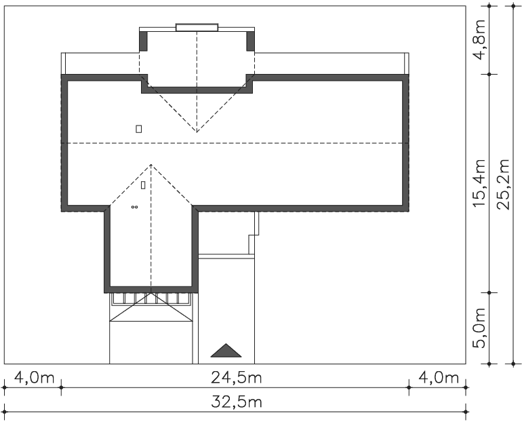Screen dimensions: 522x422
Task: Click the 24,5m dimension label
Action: pos(237,378)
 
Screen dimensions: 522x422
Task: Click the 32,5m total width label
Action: pos(237,402)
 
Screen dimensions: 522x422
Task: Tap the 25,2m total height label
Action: pos(503,184)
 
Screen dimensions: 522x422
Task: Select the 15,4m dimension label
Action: pos(479,183)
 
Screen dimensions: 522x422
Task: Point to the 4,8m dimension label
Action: pos(479,39)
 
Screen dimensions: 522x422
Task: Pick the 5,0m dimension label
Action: pos(479,328)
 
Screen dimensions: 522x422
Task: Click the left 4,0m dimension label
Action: pos(34,378)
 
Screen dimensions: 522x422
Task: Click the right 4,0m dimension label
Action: pos(439,378)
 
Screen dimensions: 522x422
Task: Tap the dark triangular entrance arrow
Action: pos(226,350)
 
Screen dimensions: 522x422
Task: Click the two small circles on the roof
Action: pos(134,207)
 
